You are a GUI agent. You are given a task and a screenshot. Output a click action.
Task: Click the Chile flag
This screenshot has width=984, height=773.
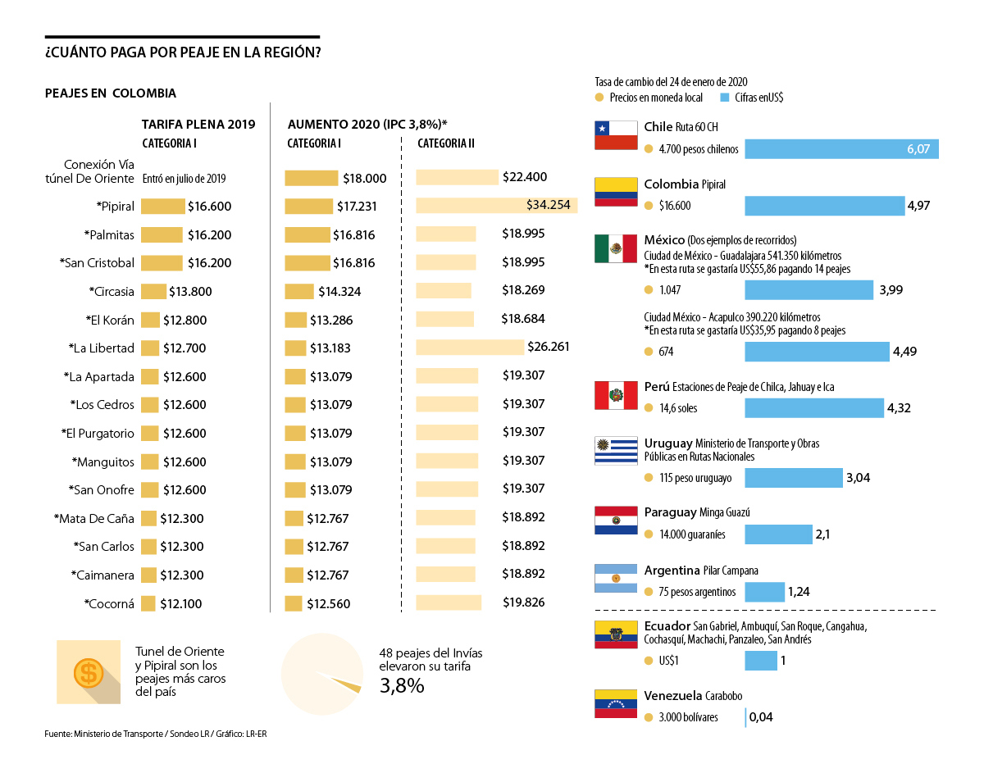[x=616, y=135]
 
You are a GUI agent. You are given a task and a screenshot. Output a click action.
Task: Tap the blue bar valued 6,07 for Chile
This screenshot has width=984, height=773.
[x=841, y=149]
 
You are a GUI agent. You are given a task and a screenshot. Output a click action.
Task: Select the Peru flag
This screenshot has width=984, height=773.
[x=616, y=395]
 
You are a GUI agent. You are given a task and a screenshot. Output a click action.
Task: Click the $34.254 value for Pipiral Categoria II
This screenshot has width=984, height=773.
[x=548, y=205]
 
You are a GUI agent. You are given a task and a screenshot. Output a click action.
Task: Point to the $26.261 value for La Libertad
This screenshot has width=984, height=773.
[x=548, y=347]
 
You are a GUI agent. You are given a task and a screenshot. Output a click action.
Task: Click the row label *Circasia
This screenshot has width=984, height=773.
[x=112, y=291]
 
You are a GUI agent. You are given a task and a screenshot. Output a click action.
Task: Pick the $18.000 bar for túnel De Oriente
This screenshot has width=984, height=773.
[x=311, y=178]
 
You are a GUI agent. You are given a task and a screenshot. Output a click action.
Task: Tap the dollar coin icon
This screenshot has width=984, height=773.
[x=87, y=672]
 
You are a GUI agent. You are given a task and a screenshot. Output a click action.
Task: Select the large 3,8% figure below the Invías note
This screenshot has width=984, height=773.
[x=402, y=686]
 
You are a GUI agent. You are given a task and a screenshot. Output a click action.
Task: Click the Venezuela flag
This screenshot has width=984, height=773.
[x=616, y=703]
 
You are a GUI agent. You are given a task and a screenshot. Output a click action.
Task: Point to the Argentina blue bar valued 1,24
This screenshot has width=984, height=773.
[x=764, y=592]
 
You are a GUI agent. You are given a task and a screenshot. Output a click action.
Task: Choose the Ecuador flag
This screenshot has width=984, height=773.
[x=616, y=634]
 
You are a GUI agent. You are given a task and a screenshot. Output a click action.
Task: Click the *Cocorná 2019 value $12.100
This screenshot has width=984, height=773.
[x=180, y=604]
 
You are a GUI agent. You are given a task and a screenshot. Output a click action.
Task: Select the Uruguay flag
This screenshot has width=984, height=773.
[x=616, y=450]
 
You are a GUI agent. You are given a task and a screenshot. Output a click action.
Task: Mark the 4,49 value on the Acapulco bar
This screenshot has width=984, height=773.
[x=904, y=352]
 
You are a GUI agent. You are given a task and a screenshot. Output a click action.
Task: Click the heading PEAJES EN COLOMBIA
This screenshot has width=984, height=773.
[x=110, y=93]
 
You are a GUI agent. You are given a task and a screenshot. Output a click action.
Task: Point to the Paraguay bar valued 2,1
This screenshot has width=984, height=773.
[x=778, y=534]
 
